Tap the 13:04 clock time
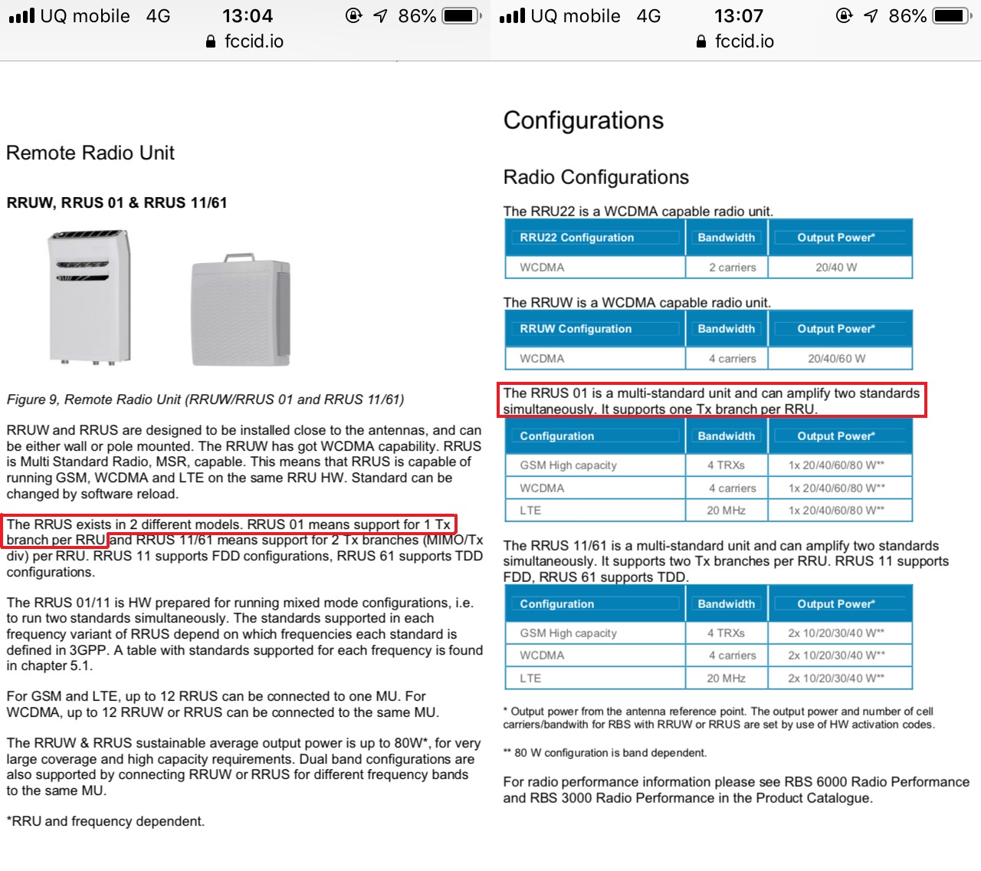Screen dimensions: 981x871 coord(248,16)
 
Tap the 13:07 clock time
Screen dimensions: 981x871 coord(738,16)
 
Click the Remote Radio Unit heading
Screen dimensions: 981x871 coord(90,153)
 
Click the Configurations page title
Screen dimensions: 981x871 coord(583,120)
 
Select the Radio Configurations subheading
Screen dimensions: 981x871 coord(595,177)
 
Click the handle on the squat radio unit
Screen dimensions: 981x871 coord(238,257)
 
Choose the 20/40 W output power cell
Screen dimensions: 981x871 coord(835,268)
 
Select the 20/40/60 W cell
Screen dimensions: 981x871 coord(835,359)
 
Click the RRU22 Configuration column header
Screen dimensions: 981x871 coord(576,238)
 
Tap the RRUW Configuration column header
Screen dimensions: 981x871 coord(576,328)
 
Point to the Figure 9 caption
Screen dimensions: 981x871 coord(205,399)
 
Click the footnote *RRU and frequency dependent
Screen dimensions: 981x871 coord(106,821)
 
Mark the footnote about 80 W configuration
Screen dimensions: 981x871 coord(605,753)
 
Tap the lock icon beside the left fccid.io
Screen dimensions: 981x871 coord(211,41)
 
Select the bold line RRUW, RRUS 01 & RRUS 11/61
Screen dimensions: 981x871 coord(116,202)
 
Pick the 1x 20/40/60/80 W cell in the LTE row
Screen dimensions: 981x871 coord(836,510)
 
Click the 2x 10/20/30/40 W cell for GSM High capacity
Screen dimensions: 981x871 coord(835,633)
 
